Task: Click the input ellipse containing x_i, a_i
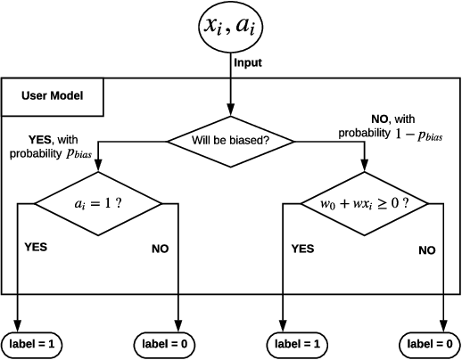231,27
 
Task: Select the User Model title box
54,96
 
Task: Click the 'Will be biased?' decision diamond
231,140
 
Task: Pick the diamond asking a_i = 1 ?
98,203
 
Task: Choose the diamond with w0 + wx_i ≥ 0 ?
364,203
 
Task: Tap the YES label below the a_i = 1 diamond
37,246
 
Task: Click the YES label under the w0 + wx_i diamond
303,249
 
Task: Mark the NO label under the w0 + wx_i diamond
427,250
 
